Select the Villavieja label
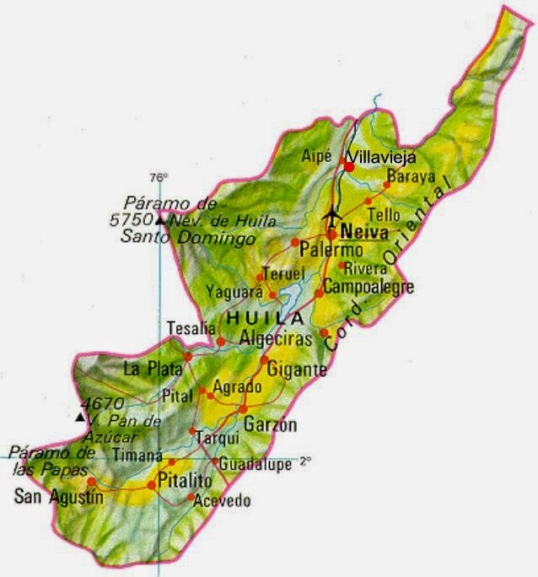(x=382, y=157)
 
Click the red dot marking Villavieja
(x=348, y=167)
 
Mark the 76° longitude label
(x=159, y=178)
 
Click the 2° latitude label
(x=304, y=462)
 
